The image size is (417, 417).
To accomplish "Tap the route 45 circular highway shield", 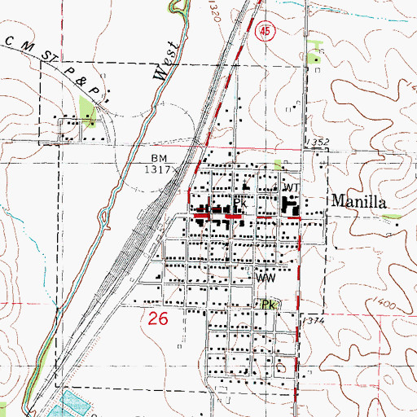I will [x=263, y=31].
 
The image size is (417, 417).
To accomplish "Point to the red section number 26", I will [x=160, y=319].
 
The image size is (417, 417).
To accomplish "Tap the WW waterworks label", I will [x=264, y=278].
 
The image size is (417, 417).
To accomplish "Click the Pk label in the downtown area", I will [x=239, y=203].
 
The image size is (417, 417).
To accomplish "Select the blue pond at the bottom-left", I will [x=74, y=405].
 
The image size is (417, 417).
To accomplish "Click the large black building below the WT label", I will [x=290, y=207].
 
